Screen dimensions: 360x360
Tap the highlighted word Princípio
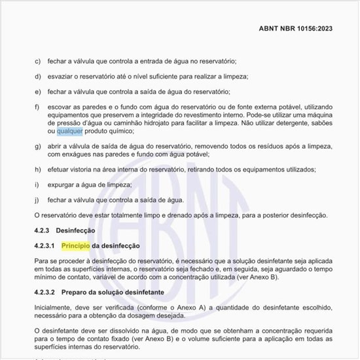point(76,245)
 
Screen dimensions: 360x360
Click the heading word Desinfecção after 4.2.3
point(76,231)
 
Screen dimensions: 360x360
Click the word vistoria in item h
point(83,170)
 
